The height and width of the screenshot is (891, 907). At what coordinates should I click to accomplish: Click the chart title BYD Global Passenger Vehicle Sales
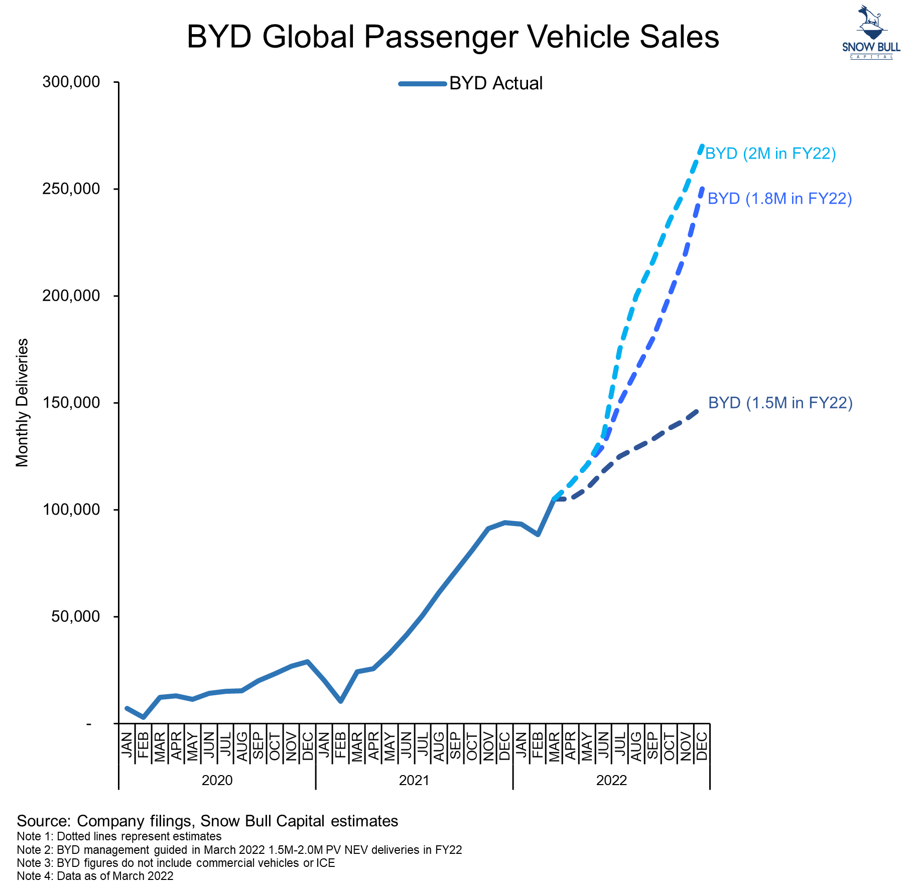pyautogui.click(x=453, y=37)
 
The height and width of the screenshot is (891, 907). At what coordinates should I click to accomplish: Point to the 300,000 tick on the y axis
pyautogui.click(x=71, y=82)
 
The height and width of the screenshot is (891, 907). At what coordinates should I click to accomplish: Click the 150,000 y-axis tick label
pyautogui.click(x=71, y=403)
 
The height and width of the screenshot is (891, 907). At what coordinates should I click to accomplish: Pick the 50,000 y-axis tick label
pyautogui.click(x=76, y=616)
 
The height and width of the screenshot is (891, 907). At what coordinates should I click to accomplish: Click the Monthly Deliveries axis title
pyautogui.click(x=23, y=403)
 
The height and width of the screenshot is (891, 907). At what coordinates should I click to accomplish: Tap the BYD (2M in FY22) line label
pyautogui.click(x=770, y=153)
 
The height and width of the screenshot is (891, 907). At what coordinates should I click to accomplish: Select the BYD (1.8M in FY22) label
pyautogui.click(x=780, y=199)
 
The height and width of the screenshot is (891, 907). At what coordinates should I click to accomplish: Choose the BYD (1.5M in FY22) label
pyautogui.click(x=780, y=403)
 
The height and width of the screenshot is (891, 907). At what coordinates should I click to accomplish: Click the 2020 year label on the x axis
pyautogui.click(x=217, y=780)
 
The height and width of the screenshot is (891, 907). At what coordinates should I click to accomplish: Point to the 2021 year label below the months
pyautogui.click(x=414, y=780)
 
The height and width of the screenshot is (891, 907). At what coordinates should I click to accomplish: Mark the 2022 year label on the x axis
pyautogui.click(x=611, y=780)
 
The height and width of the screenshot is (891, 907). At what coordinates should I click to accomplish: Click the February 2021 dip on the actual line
pyautogui.click(x=340, y=701)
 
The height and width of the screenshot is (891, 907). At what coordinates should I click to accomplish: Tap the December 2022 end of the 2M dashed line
pyautogui.click(x=702, y=146)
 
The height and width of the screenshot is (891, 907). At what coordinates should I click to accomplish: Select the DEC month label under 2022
pyautogui.click(x=702, y=745)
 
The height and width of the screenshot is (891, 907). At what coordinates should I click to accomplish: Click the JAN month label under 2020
pyautogui.click(x=127, y=745)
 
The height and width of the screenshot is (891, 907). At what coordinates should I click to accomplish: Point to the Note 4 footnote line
pyautogui.click(x=95, y=876)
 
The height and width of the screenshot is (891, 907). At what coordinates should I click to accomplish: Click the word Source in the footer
pyautogui.click(x=44, y=821)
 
